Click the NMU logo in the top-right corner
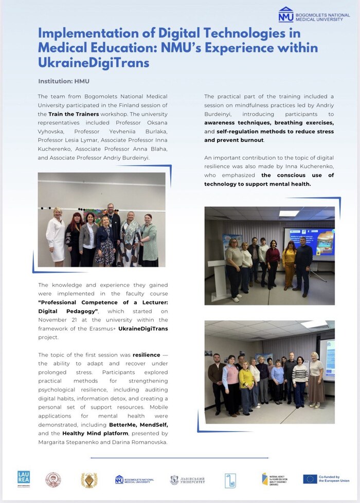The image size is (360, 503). pos(286,14)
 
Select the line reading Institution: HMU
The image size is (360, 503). pos(64,81)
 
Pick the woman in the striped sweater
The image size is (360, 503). pos(300,379)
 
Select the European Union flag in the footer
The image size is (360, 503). pos(310,479)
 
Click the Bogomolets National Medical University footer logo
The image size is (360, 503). pos(134,479)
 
